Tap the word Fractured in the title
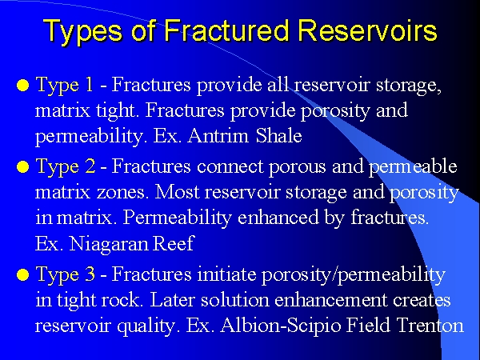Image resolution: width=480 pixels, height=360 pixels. tap(226, 30)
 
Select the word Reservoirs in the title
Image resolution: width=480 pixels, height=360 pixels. tap(367, 30)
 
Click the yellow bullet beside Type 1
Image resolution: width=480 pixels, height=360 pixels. tap(23, 86)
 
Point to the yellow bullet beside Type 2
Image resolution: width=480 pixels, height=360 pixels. tap(23, 167)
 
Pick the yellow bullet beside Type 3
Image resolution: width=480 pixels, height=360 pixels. tap(23, 274)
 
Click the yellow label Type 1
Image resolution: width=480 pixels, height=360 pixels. tap(64, 86)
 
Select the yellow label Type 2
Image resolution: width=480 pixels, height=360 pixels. tap(66, 167)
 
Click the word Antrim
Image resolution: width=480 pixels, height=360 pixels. tap(218, 135)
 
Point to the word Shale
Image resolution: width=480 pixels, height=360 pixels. tap(279, 135)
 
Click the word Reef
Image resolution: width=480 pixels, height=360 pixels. tap(174, 243)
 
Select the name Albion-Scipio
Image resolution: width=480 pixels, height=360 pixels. tap(281, 326)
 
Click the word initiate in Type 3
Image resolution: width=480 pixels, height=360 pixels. tap(226, 274)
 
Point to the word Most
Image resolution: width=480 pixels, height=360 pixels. tap(177, 192)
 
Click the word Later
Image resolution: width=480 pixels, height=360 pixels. tap(172, 300)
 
